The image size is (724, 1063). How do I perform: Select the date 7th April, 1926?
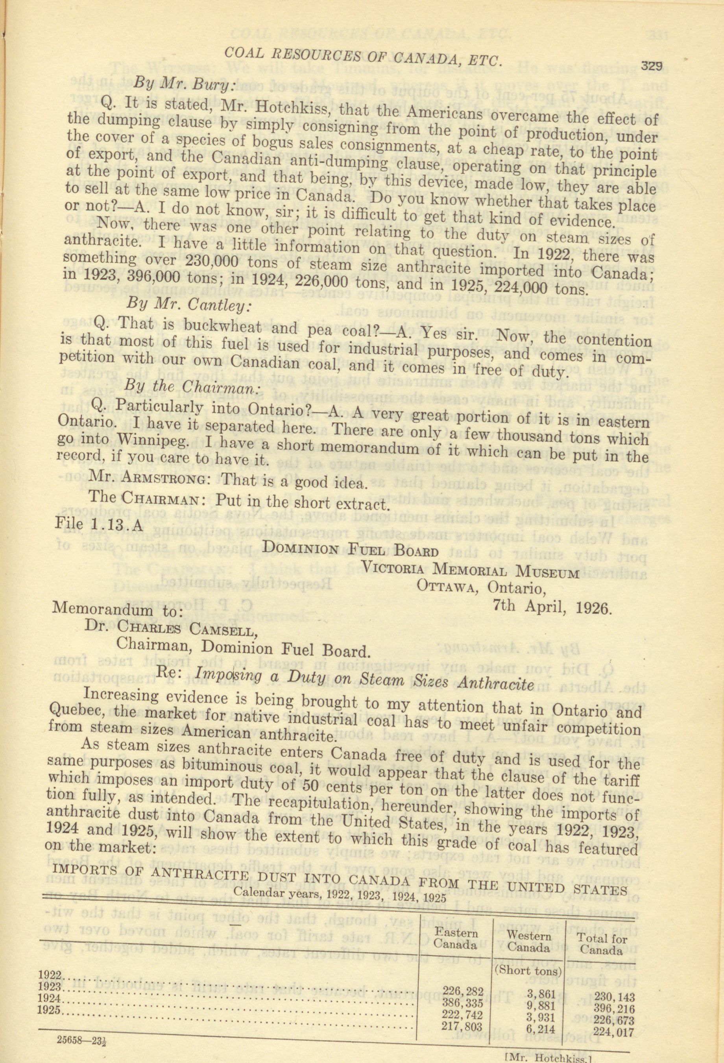pyautogui.click(x=552, y=607)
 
